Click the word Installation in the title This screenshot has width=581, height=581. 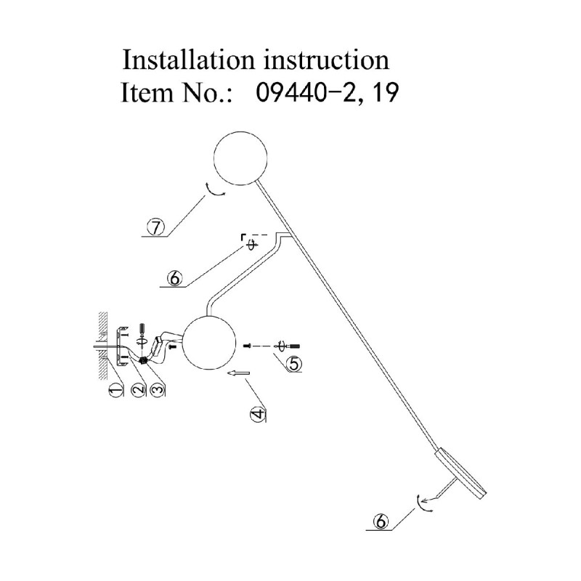(189, 60)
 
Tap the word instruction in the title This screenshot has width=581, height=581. (327, 60)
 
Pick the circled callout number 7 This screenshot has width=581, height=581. (155, 227)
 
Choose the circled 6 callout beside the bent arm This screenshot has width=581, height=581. (174, 277)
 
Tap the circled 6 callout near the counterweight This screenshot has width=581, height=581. (381, 521)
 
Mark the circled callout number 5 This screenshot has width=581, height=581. (293, 363)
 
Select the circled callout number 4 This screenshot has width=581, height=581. (259, 413)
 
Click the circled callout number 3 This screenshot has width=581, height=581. (157, 389)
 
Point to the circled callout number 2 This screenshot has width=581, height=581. (138, 389)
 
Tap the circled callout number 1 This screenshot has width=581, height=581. (115, 389)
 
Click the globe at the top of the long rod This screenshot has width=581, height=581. (240, 158)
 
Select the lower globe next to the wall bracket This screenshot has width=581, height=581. (209, 343)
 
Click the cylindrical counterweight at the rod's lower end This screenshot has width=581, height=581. (461, 474)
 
